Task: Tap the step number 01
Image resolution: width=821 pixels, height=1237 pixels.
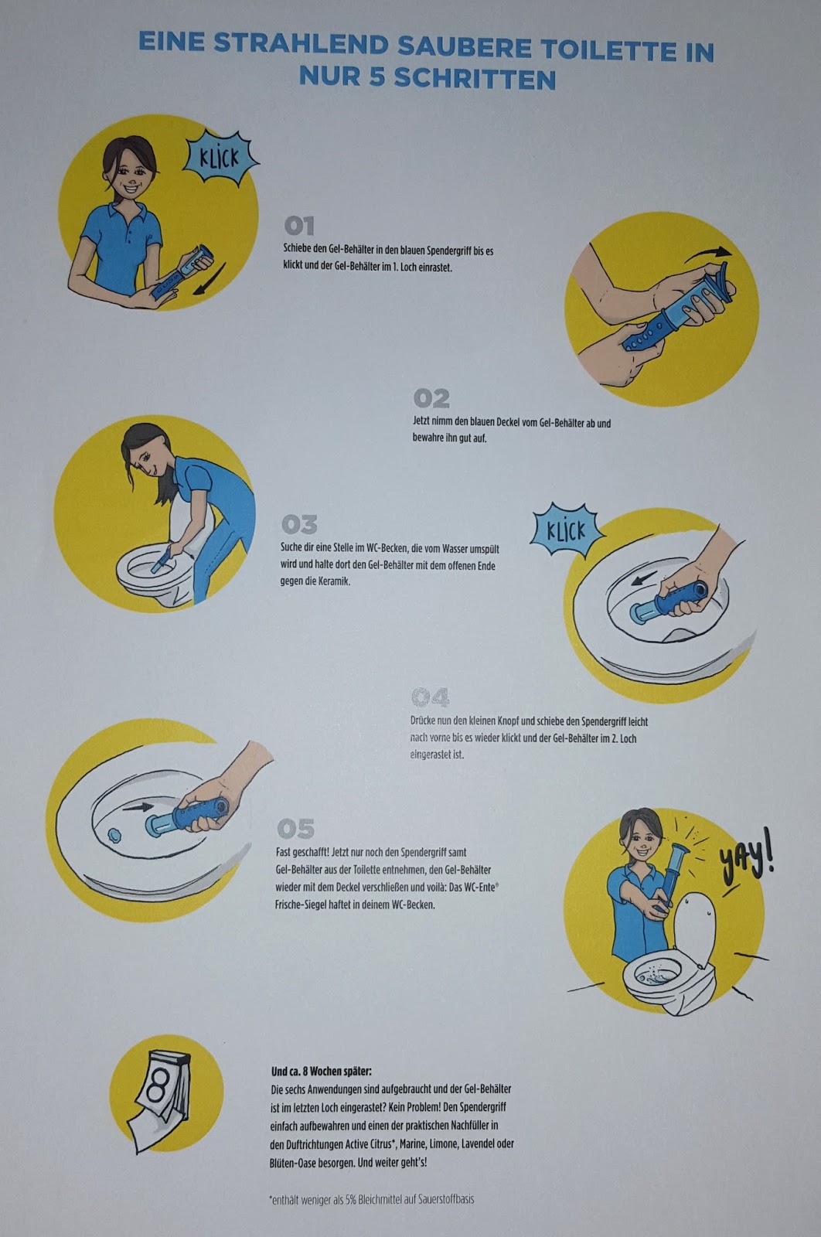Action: coord(299,226)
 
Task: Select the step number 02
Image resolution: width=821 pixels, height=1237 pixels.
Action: coord(431,398)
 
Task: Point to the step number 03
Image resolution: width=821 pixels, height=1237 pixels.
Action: coord(299,525)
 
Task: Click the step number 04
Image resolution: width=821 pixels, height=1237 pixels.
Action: coord(430,697)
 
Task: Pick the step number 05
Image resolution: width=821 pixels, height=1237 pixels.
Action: coord(295,829)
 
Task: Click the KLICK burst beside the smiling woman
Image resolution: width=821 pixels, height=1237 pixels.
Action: coord(221,158)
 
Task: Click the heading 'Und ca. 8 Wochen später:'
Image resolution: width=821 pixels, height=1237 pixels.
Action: coord(322,1071)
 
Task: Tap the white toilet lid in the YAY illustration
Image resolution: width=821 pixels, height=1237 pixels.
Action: coord(694,924)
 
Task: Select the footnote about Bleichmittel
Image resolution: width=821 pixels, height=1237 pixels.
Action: coord(372,1199)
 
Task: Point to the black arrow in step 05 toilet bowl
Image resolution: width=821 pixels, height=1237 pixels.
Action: coord(138,807)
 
